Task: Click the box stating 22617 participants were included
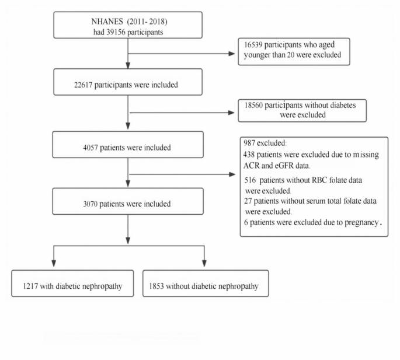[x=128, y=83]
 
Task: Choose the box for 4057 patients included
[x=128, y=147]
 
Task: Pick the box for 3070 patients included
[x=128, y=204]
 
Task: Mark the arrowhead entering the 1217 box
[x=54, y=265]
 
